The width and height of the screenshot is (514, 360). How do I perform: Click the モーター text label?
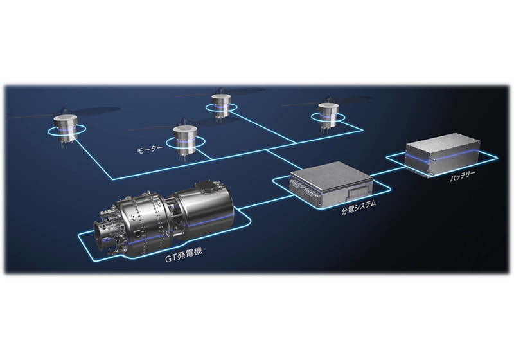150,150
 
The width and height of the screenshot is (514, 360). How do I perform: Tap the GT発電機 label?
183,255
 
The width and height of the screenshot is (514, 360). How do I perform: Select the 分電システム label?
359,207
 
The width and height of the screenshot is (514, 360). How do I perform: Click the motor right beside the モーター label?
185,141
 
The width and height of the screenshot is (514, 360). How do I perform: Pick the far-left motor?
65,129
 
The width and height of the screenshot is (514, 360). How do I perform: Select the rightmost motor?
328,116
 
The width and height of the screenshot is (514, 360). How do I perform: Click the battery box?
443,154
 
